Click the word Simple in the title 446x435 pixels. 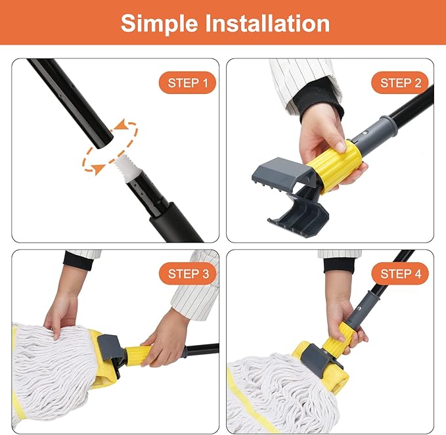[x=160, y=23]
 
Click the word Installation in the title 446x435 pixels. [x=269, y=23]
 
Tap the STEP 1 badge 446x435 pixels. [x=187, y=83]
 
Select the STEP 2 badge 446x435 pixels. [x=400, y=83]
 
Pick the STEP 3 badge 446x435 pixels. [x=187, y=273]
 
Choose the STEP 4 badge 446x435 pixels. [x=400, y=273]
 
